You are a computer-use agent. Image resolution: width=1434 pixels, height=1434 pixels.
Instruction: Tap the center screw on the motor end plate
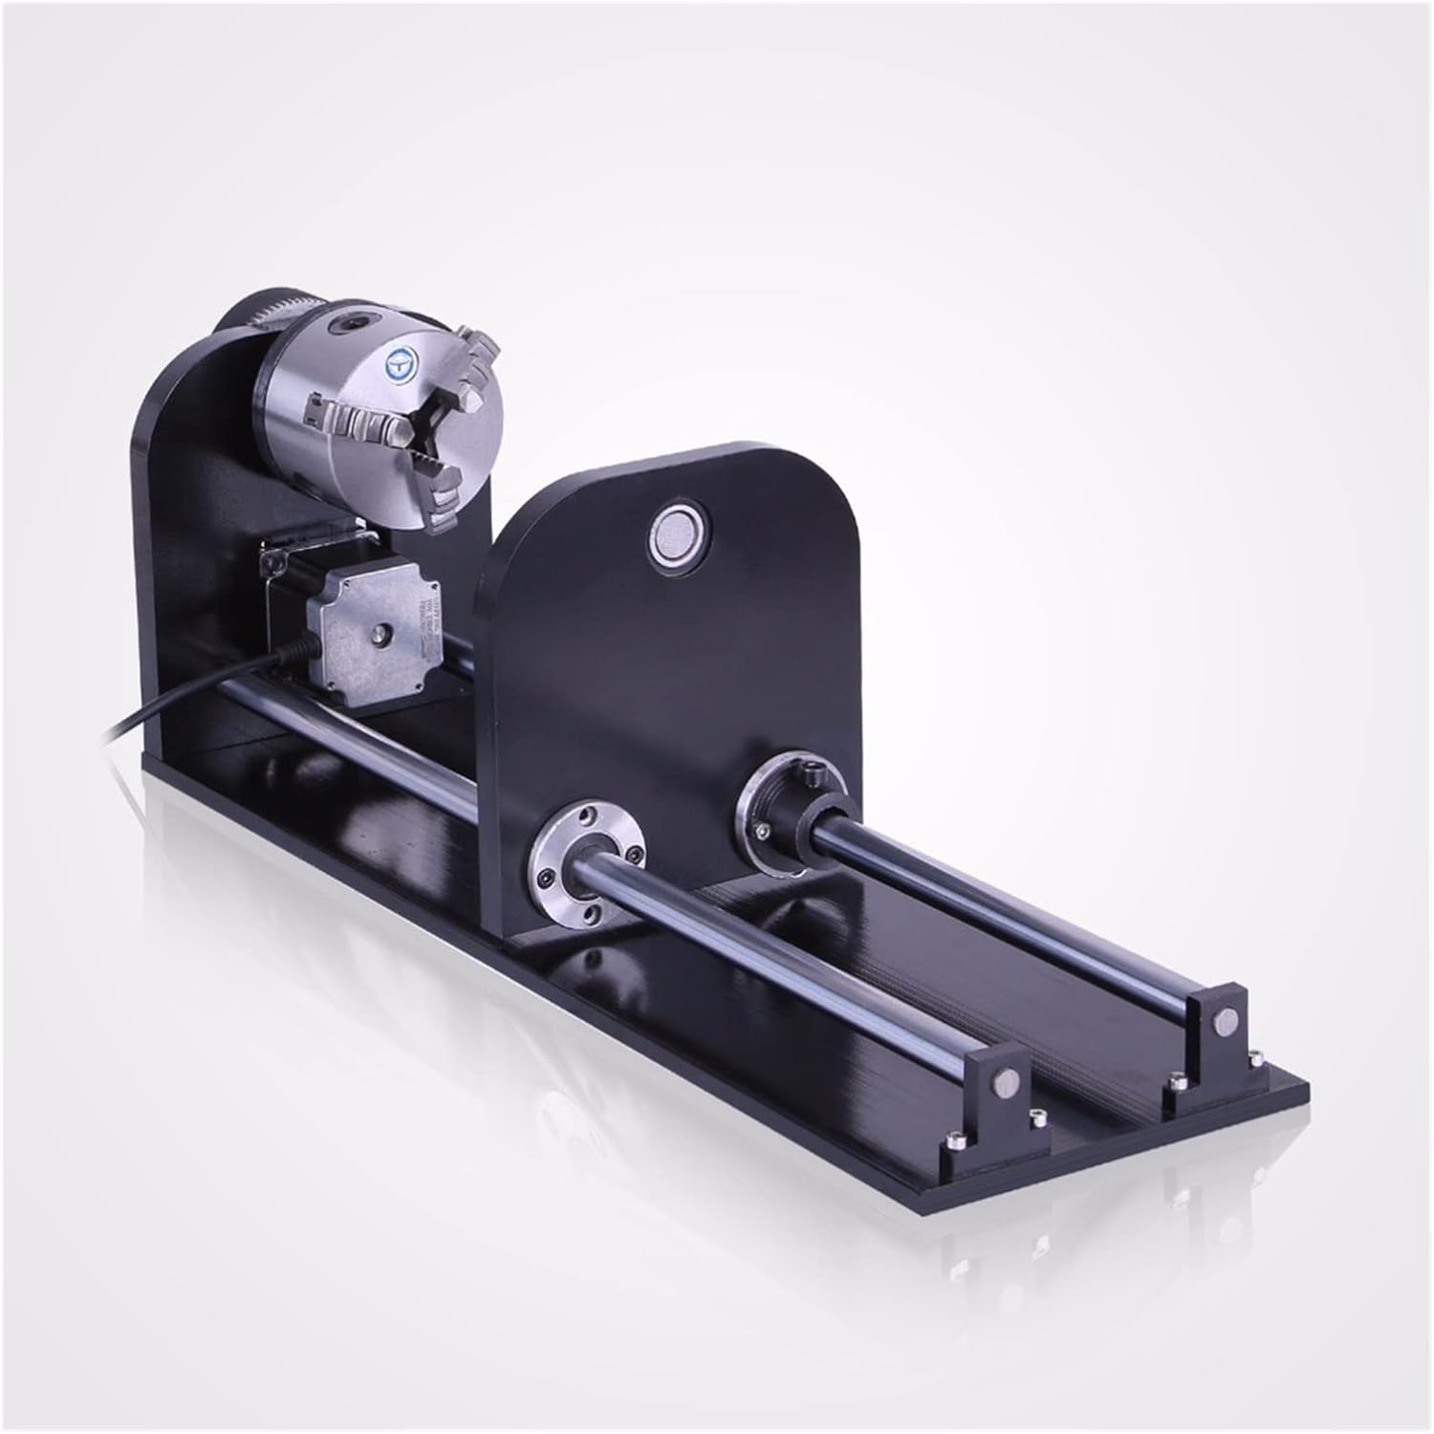(382, 632)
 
